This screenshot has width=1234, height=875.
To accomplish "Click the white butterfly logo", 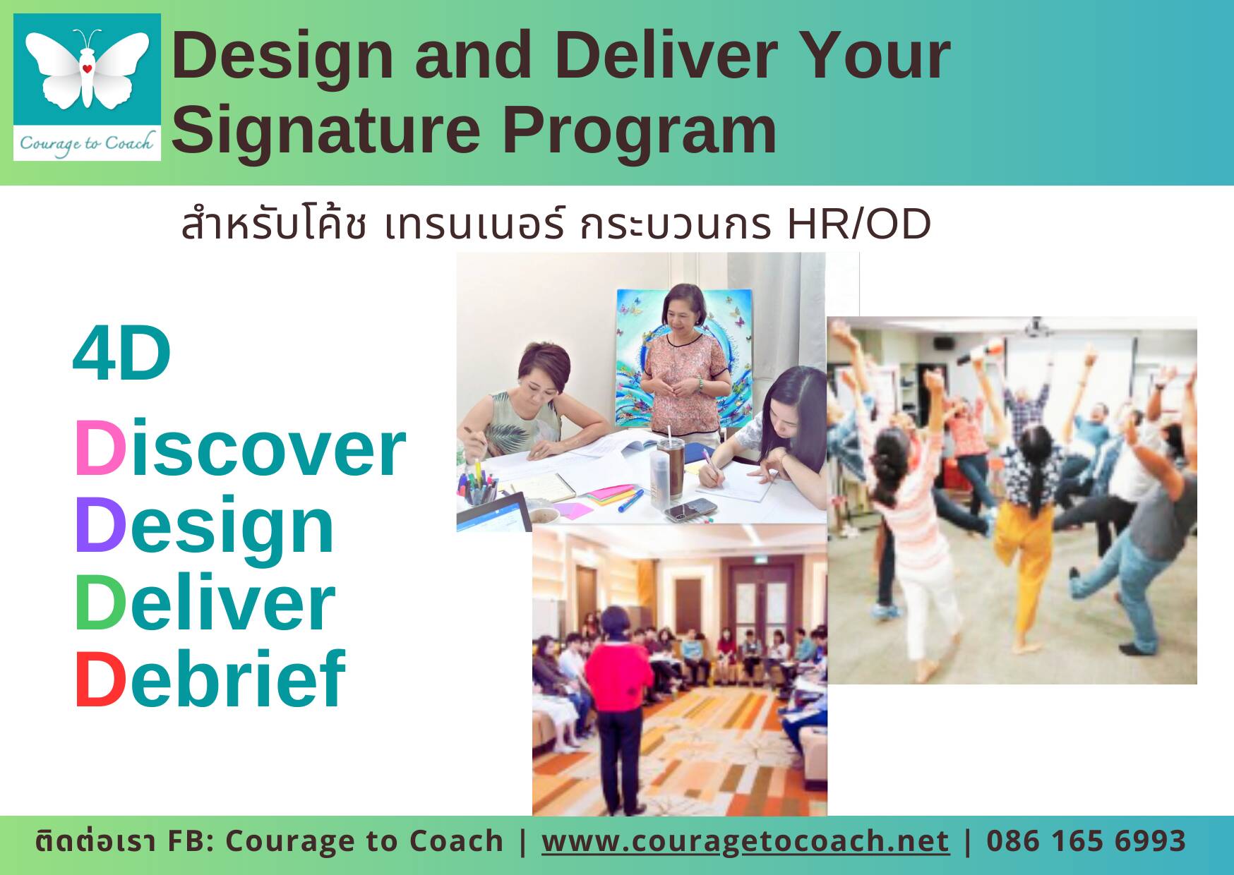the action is pyautogui.click(x=87, y=69).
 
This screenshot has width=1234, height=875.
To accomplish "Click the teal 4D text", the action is pyautogui.click(x=121, y=354).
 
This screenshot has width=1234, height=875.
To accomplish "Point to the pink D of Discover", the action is pyautogui.click(x=100, y=448).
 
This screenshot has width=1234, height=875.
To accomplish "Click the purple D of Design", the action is pyautogui.click(x=100, y=525).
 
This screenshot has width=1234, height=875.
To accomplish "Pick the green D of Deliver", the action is pyautogui.click(x=100, y=602).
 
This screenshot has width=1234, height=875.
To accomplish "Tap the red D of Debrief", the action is pyautogui.click(x=100, y=679).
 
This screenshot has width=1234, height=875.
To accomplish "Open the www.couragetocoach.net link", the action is pyautogui.click(x=745, y=841).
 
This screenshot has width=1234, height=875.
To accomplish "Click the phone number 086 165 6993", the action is pyautogui.click(x=1086, y=841).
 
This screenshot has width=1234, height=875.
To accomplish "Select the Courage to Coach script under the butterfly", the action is pyautogui.click(x=86, y=143).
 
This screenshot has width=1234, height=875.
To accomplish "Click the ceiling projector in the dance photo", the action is pyautogui.click(x=1035, y=327).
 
